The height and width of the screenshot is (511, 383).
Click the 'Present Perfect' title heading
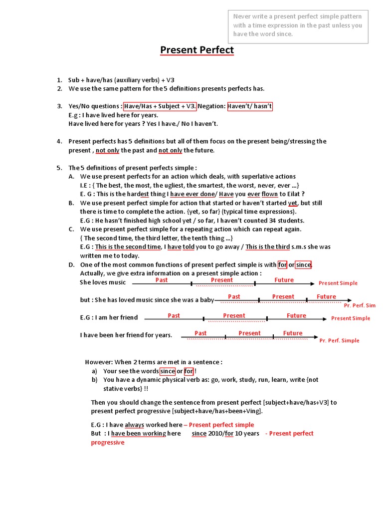coord(196,50)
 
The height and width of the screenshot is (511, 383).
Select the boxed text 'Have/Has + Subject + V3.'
coord(160,106)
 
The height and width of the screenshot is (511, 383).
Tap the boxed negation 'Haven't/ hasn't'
coord(250,106)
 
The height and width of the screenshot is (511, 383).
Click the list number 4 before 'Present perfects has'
coord(59,141)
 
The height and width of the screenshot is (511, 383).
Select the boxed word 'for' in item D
coord(282,264)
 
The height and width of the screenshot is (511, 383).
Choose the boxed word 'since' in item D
coord(303,264)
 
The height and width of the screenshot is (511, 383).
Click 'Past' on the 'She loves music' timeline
coord(162,280)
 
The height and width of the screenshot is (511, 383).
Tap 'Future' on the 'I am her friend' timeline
coord(296,315)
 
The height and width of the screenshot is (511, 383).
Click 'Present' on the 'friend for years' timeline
coord(249,333)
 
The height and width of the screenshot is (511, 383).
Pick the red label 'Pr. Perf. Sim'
coord(360,305)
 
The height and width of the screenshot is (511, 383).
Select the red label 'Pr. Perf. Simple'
coord(339,341)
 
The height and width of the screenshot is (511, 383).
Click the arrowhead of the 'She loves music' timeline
coord(312,283)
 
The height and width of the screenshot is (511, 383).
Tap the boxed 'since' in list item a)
coord(167,371)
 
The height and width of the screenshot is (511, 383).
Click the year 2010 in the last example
coord(215,433)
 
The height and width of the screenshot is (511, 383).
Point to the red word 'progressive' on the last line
coord(108,442)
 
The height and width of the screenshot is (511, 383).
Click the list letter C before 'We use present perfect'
coord(71,229)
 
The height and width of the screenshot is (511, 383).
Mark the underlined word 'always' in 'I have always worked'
coord(134,425)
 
